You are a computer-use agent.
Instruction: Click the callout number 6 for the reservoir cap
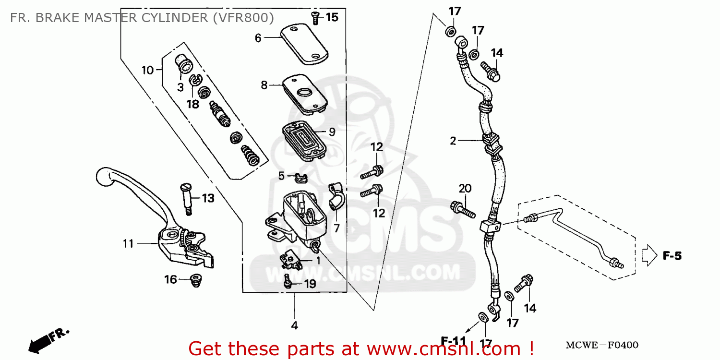click(x=258, y=38)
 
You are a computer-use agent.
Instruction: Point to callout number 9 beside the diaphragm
click(x=332, y=132)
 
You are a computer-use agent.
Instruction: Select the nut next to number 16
click(x=195, y=279)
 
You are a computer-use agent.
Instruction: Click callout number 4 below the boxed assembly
click(x=294, y=325)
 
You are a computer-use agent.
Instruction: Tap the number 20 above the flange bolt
click(x=465, y=188)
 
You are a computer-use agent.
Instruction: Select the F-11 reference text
click(x=454, y=341)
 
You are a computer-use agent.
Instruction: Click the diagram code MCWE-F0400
click(x=602, y=345)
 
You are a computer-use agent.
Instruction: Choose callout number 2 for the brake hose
click(x=453, y=141)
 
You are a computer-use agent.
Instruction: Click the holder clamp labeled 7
click(x=335, y=197)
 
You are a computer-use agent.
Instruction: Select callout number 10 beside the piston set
click(x=147, y=70)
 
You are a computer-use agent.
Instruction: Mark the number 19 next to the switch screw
click(x=310, y=284)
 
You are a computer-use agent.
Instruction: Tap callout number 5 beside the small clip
click(x=282, y=176)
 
